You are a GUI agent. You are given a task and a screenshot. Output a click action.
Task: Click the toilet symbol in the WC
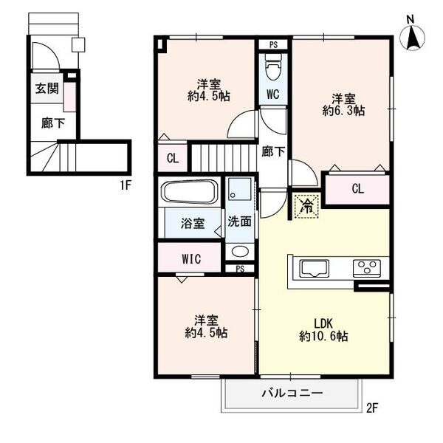point(273,67)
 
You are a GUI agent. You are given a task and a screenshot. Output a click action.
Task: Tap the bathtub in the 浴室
point(189,192)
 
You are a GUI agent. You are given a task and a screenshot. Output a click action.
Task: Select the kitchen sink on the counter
point(315,269)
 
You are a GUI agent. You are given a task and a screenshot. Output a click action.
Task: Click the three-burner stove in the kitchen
point(367,268)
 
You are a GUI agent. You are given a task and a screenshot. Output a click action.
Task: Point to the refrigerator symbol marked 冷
point(307,206)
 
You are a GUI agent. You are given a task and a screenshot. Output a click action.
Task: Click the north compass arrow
point(412,37)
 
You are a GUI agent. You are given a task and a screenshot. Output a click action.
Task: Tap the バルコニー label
point(292,393)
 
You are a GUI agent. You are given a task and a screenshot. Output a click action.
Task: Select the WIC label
point(191,258)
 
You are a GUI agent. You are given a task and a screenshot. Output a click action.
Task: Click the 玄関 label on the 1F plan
point(47,89)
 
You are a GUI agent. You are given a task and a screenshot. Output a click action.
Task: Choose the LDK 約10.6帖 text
point(323,330)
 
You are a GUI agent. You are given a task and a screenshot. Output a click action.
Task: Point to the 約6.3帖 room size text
point(343,111)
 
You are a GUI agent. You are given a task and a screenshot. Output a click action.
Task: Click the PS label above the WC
point(273,44)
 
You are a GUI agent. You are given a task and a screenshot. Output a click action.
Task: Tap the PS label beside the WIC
point(240,269)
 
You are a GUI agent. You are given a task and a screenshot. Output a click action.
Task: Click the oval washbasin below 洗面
point(240,251)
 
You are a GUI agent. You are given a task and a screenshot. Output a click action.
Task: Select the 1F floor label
point(126,185)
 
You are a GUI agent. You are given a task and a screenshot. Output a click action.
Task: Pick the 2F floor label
point(372,408)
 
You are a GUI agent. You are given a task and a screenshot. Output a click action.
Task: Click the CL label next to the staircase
point(173,158)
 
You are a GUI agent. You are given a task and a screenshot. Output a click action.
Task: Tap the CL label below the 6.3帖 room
point(357,188)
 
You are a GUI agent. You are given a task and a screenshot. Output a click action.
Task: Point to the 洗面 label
point(239,221)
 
